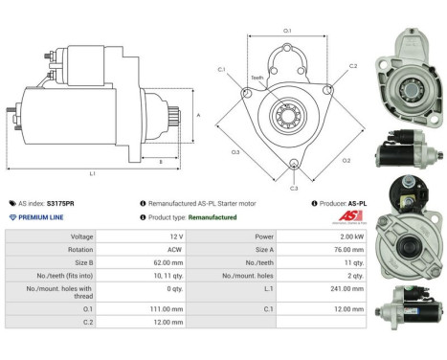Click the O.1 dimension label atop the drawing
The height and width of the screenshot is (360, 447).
click(288, 32)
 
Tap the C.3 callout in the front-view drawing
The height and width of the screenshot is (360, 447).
click(294, 188)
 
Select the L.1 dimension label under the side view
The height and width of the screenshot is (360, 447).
click(92, 173)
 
